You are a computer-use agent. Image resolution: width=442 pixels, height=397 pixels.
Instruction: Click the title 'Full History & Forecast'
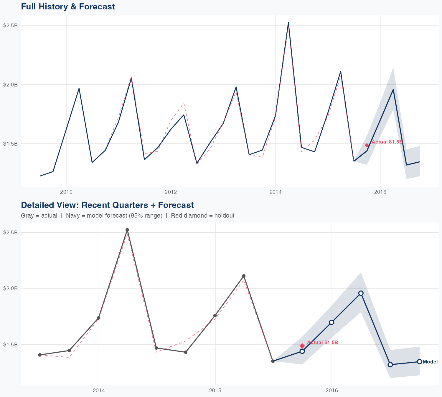point(68,6)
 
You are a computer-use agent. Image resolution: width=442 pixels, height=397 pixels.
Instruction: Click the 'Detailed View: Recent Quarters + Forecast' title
point(107,205)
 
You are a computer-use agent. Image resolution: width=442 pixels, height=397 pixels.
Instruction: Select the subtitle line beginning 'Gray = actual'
point(128,216)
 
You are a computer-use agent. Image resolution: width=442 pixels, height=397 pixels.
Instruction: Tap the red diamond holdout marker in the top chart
point(367,145)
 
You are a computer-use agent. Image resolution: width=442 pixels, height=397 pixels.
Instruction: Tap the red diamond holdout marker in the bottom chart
point(302,346)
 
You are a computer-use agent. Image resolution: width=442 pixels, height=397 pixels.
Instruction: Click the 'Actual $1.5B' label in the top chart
point(387,142)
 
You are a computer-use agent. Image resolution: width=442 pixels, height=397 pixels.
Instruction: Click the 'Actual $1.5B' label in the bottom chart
point(322,343)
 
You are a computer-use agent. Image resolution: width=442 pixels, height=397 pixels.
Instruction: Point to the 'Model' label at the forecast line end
point(430,362)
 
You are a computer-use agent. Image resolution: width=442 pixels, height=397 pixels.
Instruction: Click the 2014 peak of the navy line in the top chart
point(288,23)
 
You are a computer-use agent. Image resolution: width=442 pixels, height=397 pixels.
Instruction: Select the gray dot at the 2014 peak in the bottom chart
point(127,230)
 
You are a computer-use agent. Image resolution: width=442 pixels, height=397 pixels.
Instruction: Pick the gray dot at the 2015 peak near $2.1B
point(244,276)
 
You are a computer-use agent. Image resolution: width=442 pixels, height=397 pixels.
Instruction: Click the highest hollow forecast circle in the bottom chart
point(361,293)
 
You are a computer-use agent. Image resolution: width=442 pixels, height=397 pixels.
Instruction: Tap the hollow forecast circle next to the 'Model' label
point(419,362)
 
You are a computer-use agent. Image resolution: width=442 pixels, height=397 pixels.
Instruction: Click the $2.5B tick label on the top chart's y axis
point(10,26)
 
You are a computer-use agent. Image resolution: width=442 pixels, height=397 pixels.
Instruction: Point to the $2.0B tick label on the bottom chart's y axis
point(10,288)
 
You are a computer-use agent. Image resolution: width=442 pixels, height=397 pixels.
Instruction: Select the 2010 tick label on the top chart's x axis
point(66,192)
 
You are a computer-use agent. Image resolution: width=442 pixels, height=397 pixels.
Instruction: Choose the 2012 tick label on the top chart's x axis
point(171,192)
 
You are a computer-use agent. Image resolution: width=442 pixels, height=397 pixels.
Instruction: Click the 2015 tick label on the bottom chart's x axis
point(215,391)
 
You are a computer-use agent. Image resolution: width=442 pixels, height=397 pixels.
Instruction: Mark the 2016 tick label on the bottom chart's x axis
point(332,391)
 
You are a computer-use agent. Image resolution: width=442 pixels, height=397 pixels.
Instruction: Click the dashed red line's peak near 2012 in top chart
point(184,103)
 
